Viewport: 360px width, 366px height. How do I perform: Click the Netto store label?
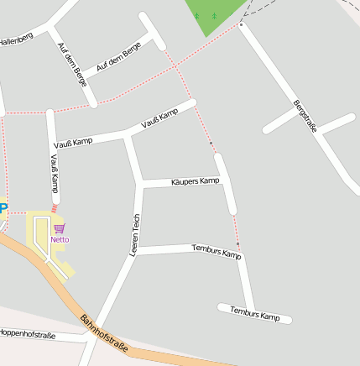pos(60,239)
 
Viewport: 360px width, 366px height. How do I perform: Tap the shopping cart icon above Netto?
pos(59,228)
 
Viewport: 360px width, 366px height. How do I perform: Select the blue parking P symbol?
pos(3,209)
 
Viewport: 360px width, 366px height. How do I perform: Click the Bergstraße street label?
pos(305,116)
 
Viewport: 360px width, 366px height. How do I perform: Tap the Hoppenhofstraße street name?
pos(28,335)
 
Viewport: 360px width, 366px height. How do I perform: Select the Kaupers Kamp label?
pos(195,180)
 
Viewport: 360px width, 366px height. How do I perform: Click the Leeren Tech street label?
pos(134,235)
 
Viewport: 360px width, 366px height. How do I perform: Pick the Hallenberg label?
pos(16,38)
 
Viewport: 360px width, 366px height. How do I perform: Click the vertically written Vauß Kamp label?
pos(55,172)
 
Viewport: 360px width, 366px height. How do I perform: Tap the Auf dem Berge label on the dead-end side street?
pos(118,56)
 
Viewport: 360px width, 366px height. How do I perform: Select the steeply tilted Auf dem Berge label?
pos(72,65)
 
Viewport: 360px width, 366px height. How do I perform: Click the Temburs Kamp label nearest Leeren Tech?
pos(216,250)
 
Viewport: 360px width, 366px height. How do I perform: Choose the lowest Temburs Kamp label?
pos(254,314)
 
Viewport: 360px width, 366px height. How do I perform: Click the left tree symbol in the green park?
pos(197,15)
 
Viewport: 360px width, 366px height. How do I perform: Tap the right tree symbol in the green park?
pos(214,15)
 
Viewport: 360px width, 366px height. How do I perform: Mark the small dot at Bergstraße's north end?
pos(241,24)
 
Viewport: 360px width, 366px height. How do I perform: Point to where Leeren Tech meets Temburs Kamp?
pos(135,250)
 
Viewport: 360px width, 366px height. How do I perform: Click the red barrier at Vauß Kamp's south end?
pos(55,207)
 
